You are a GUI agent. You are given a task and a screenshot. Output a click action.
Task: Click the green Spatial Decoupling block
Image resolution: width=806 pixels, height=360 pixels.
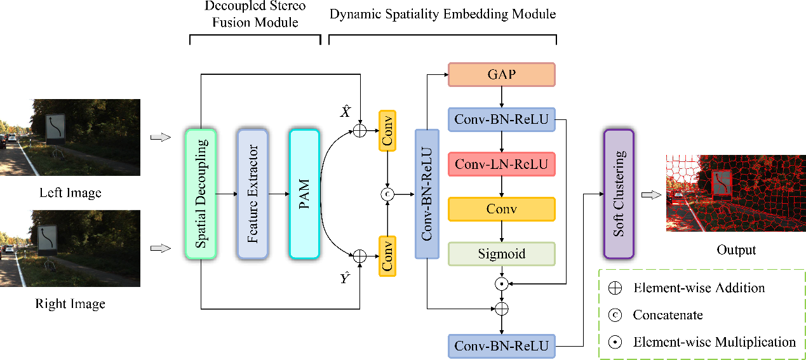[201, 193]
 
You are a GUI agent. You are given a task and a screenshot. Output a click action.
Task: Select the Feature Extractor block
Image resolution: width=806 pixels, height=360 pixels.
[253, 193]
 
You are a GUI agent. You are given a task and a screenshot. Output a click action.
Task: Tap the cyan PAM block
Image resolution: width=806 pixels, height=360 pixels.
[304, 193]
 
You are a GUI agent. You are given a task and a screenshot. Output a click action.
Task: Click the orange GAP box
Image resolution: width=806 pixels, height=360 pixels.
[502, 74]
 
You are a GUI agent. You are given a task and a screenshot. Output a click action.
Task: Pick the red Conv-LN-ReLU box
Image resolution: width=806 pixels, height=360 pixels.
[502, 164]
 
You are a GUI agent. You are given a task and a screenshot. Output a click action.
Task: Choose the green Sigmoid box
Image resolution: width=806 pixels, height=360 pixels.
[502, 254]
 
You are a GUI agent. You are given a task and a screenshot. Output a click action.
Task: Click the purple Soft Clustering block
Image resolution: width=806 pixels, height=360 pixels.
[619, 194]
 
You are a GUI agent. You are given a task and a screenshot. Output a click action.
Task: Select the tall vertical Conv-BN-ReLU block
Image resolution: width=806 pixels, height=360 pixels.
[427, 194]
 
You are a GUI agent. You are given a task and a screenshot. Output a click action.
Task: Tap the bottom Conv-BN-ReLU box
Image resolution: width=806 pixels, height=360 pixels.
[502, 346]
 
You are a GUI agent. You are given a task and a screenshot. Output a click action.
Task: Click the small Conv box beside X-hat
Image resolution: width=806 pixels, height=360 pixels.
[387, 131]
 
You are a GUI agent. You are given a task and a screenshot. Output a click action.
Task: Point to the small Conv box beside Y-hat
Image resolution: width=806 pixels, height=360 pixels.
[387, 256]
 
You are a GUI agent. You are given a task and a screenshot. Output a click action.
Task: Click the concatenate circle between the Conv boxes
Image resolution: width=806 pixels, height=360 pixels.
[387, 194]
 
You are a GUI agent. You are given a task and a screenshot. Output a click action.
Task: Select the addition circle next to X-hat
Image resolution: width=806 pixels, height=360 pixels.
[359, 131]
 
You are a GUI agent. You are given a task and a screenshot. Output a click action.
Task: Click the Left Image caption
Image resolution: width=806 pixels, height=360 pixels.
[70, 192]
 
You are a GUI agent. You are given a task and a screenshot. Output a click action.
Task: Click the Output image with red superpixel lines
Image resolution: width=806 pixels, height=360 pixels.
[735, 193]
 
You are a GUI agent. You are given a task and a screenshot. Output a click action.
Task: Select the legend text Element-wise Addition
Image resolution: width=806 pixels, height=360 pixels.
[699, 288]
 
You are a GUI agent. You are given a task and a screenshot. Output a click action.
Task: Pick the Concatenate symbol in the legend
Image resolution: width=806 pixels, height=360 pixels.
[615, 315]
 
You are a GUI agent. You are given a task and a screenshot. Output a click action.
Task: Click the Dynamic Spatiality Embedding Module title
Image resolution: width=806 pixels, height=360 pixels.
[443, 13]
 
